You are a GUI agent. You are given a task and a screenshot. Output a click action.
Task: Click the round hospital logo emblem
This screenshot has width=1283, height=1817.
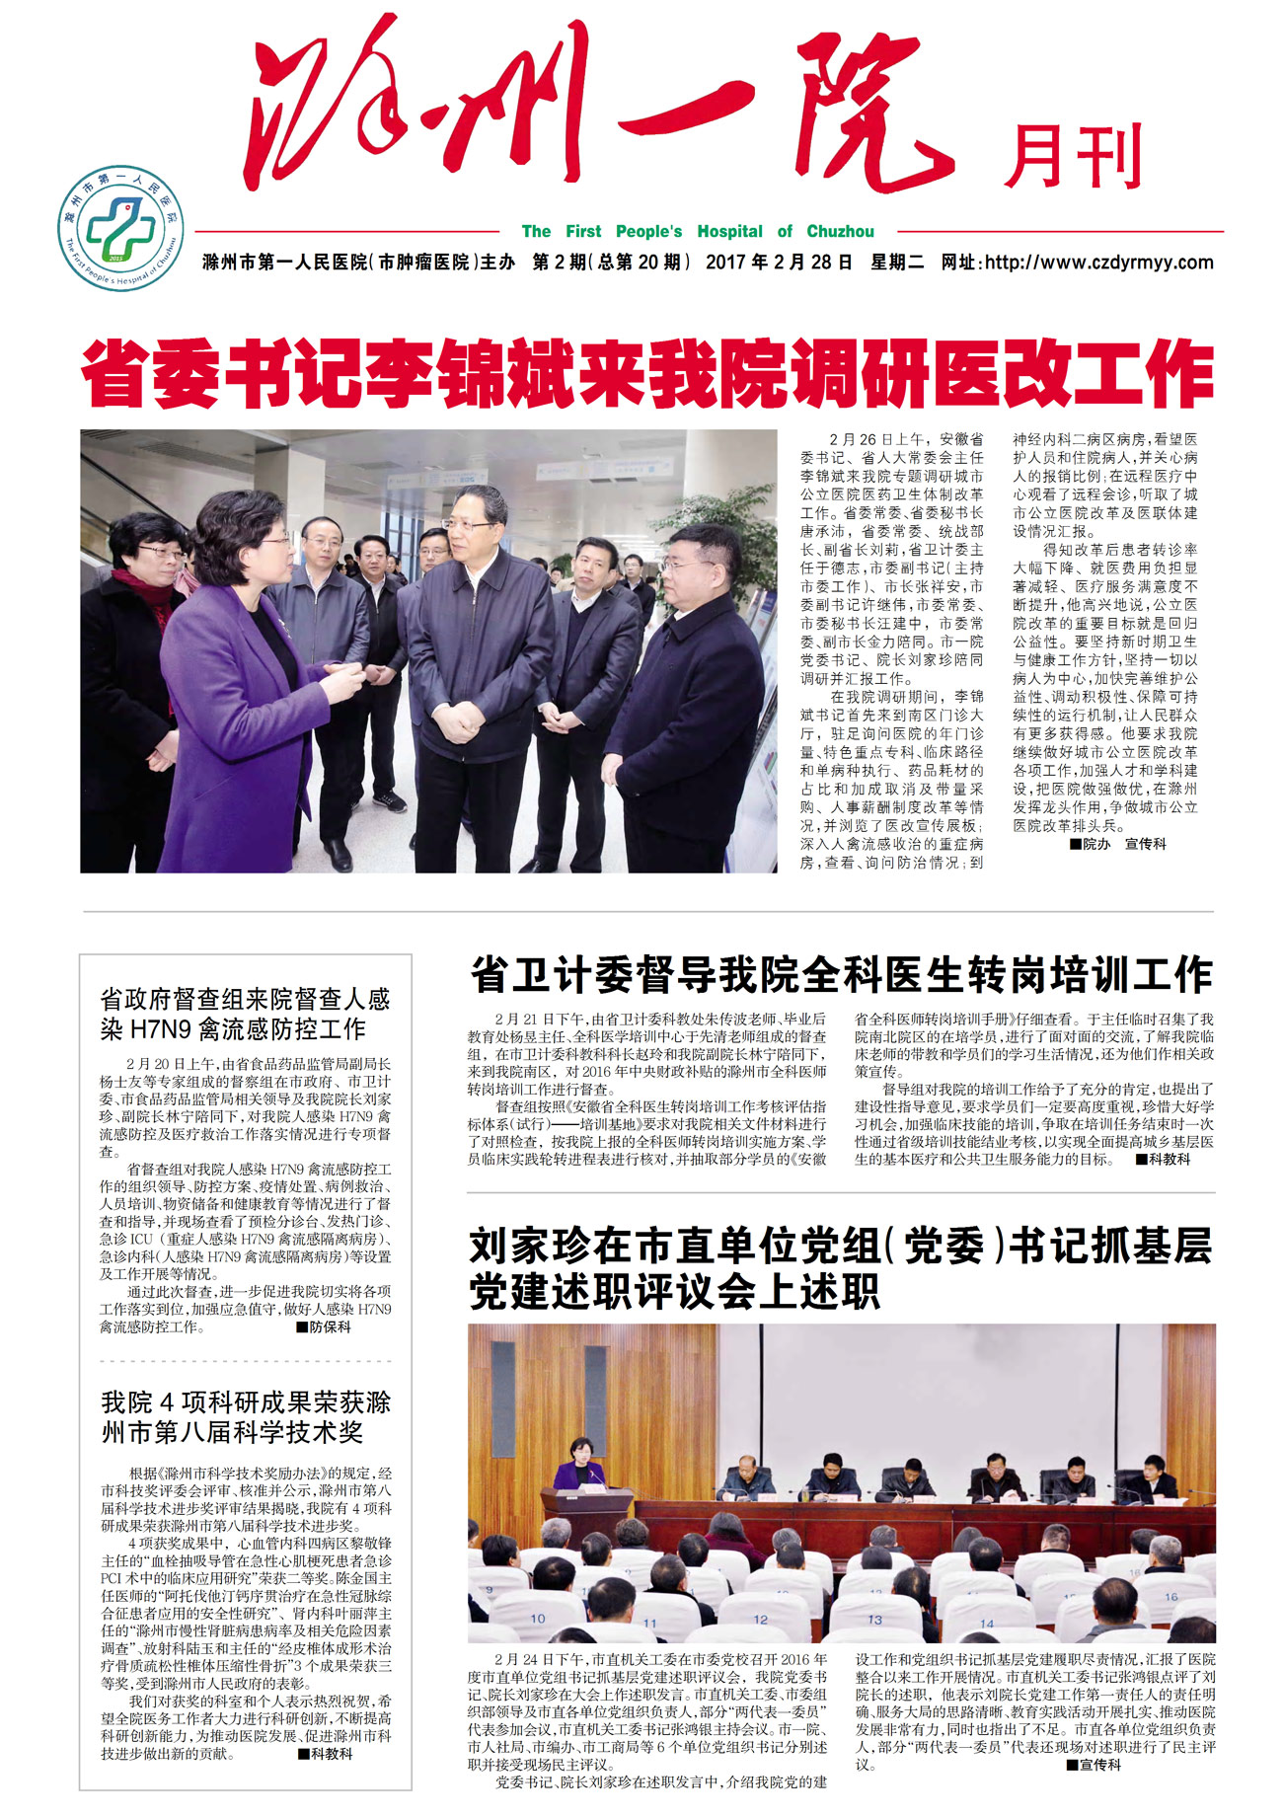tap(119, 228)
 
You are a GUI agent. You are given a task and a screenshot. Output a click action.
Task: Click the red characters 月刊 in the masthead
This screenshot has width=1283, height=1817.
tap(1073, 156)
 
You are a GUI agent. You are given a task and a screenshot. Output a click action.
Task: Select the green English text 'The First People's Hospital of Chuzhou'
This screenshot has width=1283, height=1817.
tap(698, 232)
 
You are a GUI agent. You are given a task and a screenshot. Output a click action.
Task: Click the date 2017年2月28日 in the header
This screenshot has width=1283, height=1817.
tap(779, 263)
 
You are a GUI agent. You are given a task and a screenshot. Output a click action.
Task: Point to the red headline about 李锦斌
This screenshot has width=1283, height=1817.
tap(646, 374)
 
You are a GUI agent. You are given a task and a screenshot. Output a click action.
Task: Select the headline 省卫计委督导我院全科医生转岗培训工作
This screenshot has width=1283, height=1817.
tap(841, 975)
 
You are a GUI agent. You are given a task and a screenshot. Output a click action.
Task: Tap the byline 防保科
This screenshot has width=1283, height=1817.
tap(328, 1327)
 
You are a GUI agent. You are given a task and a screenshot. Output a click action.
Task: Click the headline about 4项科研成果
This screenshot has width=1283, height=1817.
tap(246, 1416)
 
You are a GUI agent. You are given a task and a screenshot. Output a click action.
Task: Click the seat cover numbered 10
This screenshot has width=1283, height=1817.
tap(538, 1619)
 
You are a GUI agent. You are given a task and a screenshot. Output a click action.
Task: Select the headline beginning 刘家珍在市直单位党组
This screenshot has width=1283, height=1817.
tap(841, 1268)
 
